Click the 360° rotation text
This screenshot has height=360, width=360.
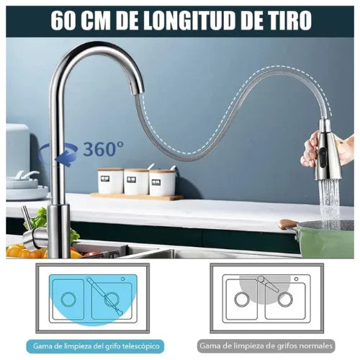click(104, 149)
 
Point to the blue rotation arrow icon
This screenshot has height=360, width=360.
click(58, 153)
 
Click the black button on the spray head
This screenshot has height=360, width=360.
click(323, 154)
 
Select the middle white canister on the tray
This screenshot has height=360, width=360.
click(136, 181)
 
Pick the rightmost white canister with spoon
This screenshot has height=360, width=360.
click(163, 182)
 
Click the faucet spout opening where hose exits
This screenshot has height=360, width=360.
click(138, 91)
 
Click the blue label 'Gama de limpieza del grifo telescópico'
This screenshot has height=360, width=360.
click(95, 346)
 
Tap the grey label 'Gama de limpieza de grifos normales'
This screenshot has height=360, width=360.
click(266, 346)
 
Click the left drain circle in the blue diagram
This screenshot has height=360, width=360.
click(68, 300)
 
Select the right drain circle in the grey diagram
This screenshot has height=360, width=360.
click(285, 300)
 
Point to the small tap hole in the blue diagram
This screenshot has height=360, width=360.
click(123, 279)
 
